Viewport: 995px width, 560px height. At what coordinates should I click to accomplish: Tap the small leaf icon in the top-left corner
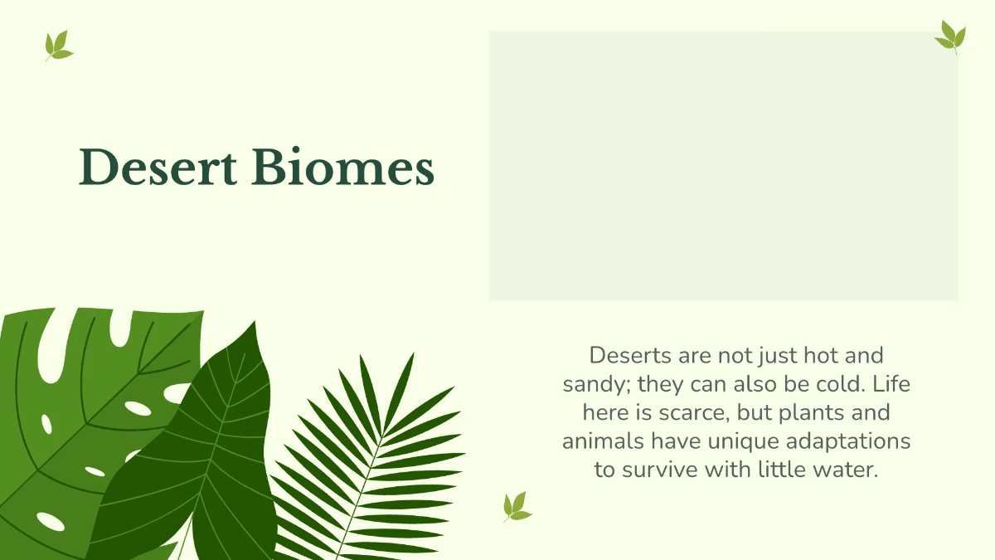click(58, 46)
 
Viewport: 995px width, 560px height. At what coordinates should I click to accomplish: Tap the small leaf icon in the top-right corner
click(950, 37)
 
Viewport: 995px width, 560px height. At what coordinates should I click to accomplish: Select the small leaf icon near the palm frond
click(517, 506)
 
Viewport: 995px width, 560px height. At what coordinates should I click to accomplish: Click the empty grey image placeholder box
click(723, 166)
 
